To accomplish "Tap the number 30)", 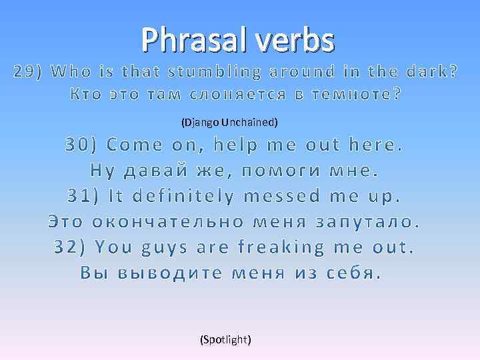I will [82, 145].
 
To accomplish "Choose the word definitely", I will [183, 196].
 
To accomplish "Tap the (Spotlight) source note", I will [226, 339].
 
